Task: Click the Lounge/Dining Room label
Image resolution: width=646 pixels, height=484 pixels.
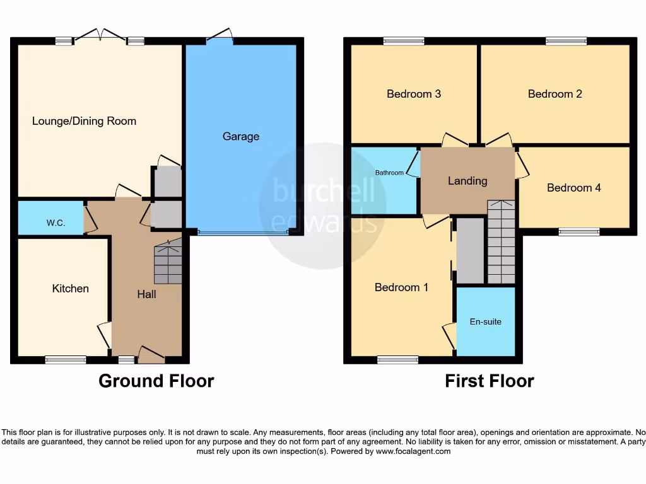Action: click(84, 121)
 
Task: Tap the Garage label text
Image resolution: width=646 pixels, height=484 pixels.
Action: click(240, 136)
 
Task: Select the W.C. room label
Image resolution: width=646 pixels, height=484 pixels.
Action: click(56, 223)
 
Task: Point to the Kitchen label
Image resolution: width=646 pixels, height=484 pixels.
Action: click(70, 289)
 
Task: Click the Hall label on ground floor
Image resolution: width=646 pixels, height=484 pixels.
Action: click(146, 294)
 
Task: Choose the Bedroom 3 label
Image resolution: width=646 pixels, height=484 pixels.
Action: click(413, 94)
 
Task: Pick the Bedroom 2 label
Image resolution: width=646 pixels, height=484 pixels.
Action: click(555, 94)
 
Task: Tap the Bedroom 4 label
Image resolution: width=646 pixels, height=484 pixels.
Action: click(573, 188)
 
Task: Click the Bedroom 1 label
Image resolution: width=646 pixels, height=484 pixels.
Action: click(401, 287)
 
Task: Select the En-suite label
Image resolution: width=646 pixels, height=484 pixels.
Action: click(486, 321)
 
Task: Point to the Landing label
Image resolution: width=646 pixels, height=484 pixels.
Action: click(467, 181)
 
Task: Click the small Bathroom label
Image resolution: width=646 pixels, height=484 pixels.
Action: click(389, 173)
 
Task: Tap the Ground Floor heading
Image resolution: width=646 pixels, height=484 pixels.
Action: click(156, 381)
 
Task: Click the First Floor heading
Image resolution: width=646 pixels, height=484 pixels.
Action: click(489, 381)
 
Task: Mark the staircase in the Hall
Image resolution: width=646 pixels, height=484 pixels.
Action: click(168, 262)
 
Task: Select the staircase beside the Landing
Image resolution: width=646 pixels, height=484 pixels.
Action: click(501, 243)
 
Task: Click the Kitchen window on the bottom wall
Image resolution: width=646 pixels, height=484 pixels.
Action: click(66, 360)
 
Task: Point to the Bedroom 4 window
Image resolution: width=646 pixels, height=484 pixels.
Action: click(578, 232)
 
